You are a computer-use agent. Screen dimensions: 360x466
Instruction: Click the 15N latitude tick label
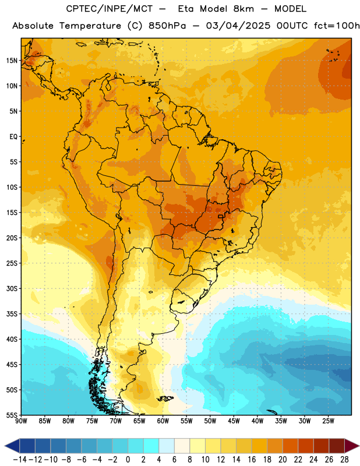pos(12,61)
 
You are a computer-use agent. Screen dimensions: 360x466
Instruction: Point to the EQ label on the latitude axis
pos(13,137)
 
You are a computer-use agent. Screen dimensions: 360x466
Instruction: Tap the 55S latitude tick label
pos(12,415)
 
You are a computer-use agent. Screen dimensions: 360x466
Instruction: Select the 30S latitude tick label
pos(12,288)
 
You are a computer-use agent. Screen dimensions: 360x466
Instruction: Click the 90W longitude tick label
pos(22,421)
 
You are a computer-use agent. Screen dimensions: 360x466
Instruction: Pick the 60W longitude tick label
pos(163,421)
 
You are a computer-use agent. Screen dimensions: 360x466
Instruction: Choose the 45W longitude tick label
pos(234,421)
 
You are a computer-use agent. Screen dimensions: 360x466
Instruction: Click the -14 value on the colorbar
pos(20,460)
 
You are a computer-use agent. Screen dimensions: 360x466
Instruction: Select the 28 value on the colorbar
pos(344,460)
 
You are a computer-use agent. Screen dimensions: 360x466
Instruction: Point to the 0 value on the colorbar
pos(128,460)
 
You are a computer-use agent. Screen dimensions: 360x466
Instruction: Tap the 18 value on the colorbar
pos(267,460)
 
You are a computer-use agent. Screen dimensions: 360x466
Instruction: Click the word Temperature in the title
pos(90,26)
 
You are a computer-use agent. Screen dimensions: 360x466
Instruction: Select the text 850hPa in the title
pos(167,26)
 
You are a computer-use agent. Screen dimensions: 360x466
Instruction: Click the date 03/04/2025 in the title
pos(238,26)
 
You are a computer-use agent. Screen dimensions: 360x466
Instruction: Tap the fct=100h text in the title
pos(337,26)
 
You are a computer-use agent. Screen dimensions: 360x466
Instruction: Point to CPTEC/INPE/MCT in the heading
pos(109,9)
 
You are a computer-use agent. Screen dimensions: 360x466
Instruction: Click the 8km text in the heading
pos(243,9)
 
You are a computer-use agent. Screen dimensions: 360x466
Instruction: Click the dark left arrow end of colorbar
pos(12,446)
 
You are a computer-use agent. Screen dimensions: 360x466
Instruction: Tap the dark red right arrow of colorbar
pos(352,446)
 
